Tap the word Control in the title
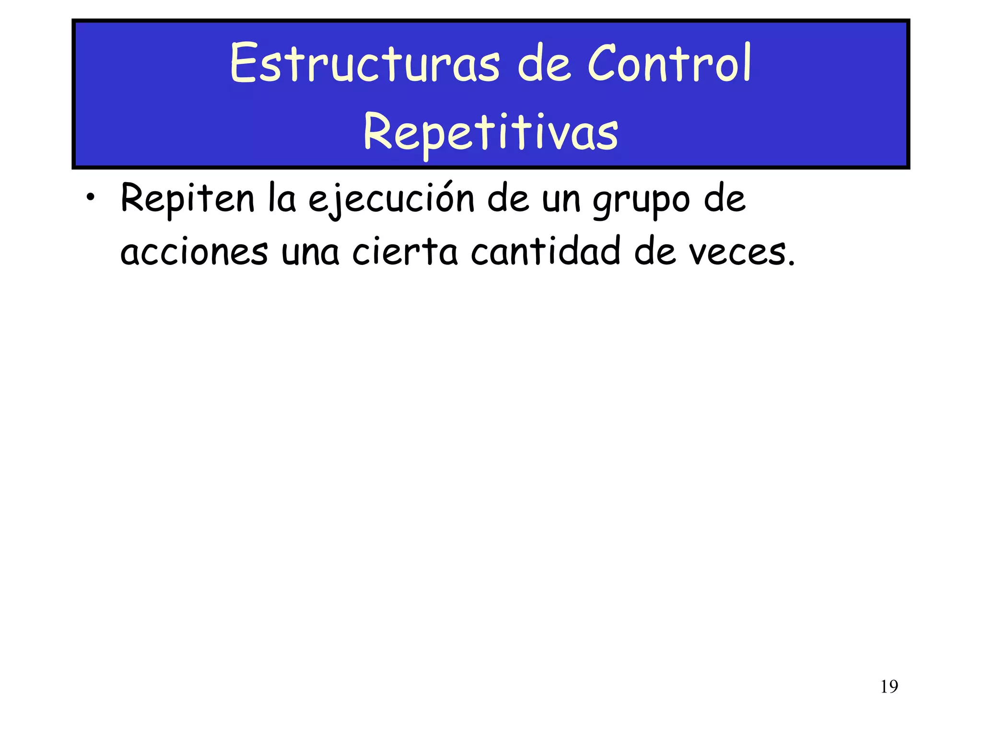669,63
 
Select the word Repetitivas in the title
491,131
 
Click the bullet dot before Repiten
90,199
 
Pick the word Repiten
187,198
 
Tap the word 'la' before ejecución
282,198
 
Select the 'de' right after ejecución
509,198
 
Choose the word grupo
641,201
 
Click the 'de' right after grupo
725,198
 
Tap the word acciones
194,252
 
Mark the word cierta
405,251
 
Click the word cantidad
546,251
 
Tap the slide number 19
889,687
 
